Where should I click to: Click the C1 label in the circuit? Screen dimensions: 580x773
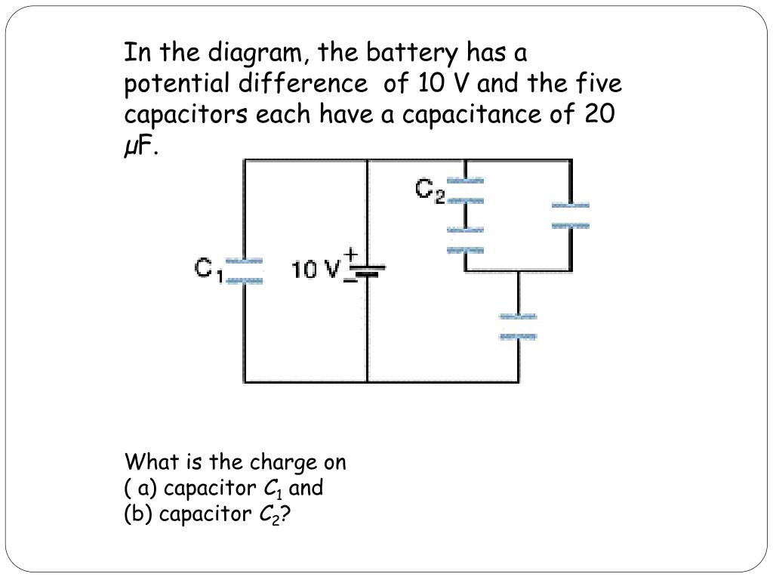coord(208,270)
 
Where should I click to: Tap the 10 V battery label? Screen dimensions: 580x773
coord(316,269)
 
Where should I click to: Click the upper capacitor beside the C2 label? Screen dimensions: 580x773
coord(464,190)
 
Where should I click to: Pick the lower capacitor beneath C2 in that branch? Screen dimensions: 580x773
coord(464,239)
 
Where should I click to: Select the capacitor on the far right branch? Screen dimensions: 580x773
coord(570,215)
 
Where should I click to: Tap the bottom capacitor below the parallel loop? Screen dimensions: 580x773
coord(518,326)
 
